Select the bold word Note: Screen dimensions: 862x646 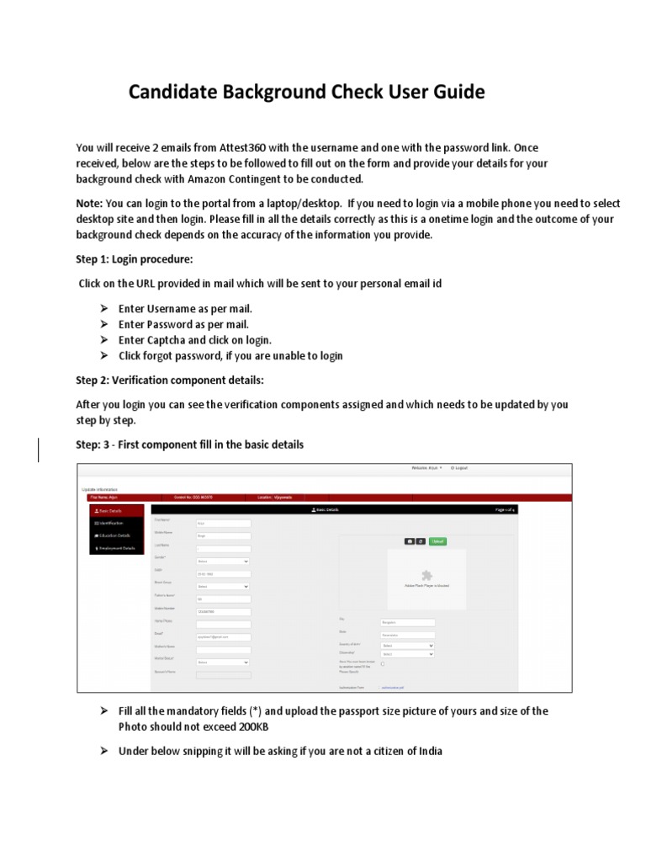(89, 203)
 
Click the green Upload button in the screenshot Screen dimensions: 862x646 (437, 541)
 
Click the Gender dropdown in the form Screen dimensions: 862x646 (223, 561)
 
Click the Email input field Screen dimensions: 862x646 (223, 637)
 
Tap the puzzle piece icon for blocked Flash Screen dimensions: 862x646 (426, 576)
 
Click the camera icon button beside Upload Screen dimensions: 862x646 (410, 541)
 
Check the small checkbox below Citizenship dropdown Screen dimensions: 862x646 (384, 663)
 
